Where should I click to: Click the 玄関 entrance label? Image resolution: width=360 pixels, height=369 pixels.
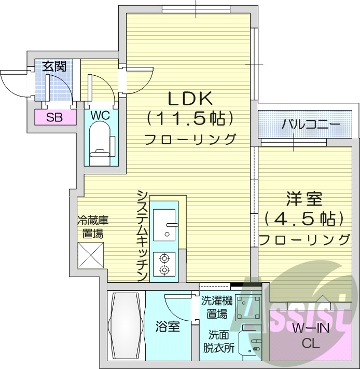(54, 66)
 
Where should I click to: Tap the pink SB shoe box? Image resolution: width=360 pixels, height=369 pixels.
(54, 117)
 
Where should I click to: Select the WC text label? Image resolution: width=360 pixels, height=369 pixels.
(101, 115)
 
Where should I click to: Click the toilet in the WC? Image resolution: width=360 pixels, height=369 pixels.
(101, 143)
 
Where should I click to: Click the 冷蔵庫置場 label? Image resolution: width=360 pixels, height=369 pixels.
(93, 226)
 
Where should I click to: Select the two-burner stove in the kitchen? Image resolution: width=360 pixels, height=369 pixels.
(165, 264)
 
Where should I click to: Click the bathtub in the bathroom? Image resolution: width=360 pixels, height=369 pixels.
(124, 326)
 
